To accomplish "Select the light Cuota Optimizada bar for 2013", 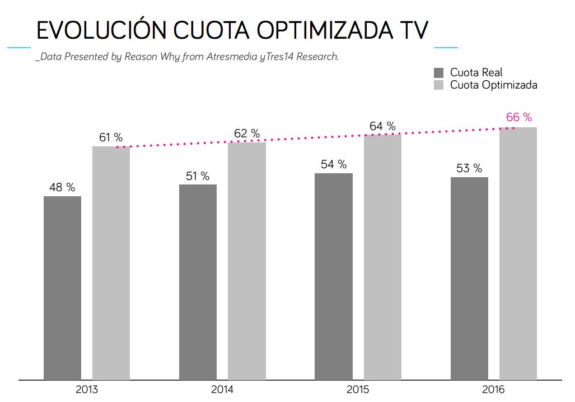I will [111, 263].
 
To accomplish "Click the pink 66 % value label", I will [519, 117].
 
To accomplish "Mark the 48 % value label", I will [62, 188].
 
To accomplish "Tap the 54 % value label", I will [334, 165].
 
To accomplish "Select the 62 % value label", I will [247, 134].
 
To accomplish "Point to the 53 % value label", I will [469, 169].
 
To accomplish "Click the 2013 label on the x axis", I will [87, 390].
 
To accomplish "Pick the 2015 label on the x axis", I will [358, 390].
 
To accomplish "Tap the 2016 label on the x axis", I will [493, 390].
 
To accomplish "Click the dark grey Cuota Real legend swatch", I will [439, 72].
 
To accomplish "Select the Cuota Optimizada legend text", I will [493, 85].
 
